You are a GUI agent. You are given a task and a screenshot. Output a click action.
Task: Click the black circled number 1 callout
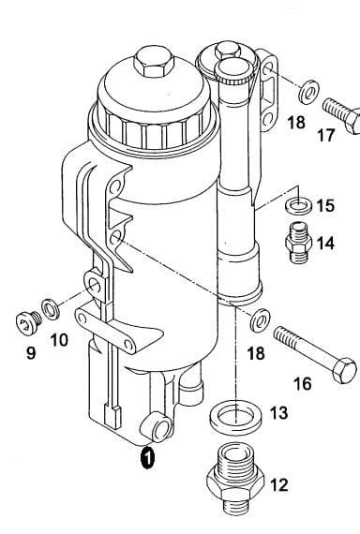pyautogui.click(x=147, y=458)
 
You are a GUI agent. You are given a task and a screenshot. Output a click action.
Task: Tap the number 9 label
pyautogui.click(x=31, y=353)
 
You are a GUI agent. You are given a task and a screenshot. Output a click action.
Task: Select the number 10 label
pyautogui.click(x=59, y=340)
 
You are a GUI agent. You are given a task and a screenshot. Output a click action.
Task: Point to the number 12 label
pyautogui.click(x=279, y=485)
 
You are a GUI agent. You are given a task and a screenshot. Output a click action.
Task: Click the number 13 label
pyautogui.click(x=278, y=413)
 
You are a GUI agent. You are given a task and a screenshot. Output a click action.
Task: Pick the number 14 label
pyautogui.click(x=325, y=244)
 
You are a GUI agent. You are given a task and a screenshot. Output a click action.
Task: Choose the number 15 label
pyautogui.click(x=325, y=205)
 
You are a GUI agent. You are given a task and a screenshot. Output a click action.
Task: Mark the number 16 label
pyautogui.click(x=303, y=383)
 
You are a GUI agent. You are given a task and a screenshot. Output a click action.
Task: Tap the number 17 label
pyautogui.click(x=326, y=135)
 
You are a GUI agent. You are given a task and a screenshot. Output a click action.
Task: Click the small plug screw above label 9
pyautogui.click(x=29, y=321)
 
